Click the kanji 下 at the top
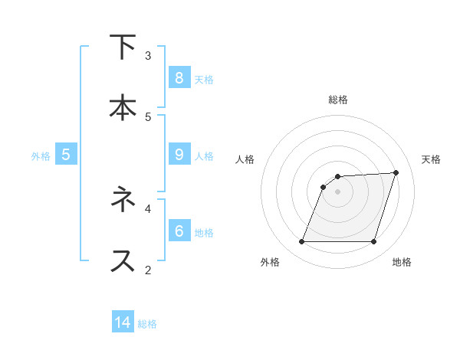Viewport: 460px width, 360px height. [123, 47]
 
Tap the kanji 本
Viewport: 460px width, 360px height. [123, 107]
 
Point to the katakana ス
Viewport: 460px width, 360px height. [123, 260]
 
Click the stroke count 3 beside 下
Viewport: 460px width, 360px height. [148, 56]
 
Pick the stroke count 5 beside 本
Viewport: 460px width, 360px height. [148, 117]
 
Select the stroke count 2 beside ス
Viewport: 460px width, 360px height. [148, 270]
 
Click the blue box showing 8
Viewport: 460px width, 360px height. [179, 77]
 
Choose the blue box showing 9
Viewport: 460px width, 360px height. [179, 154]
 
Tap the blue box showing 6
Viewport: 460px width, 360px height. [179, 230]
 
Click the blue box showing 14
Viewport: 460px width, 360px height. [123, 322]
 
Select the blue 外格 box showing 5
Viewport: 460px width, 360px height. [66, 154]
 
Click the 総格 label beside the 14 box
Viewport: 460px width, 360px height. [147, 324]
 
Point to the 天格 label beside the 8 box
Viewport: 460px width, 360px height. [204, 79]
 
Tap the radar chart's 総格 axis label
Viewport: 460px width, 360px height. [338, 100]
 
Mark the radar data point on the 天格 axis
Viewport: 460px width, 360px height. [396, 172]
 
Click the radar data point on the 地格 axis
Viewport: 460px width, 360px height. [374, 242]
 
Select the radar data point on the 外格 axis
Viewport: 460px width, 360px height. [301, 242]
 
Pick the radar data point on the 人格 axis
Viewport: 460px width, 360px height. [324, 187]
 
